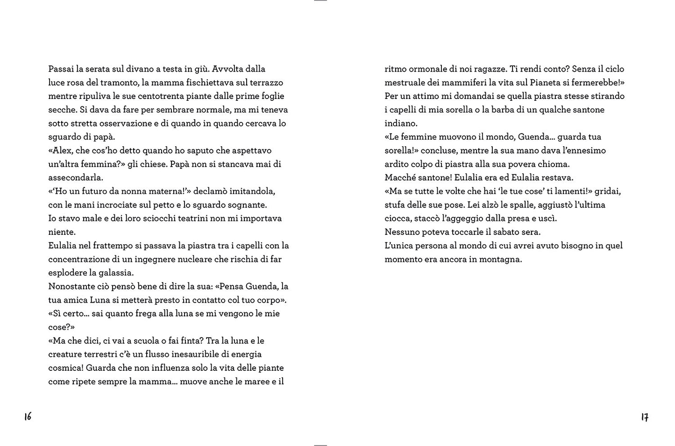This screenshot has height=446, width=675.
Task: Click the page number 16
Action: coord(28,416)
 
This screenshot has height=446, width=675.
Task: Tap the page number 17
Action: coord(645,417)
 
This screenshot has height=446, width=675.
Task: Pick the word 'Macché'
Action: coord(399,177)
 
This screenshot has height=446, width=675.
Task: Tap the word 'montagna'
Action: coord(501,259)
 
